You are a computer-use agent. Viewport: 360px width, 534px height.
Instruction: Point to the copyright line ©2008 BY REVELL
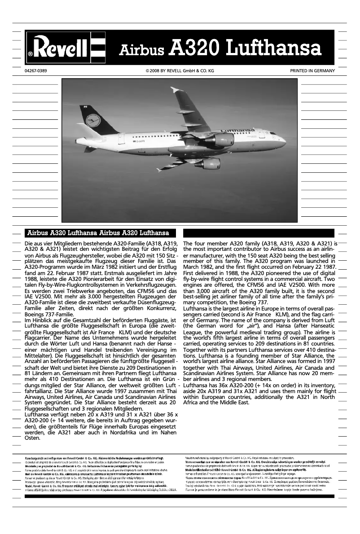point(180,71)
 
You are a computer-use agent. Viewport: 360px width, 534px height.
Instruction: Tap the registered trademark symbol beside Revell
point(30,53)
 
